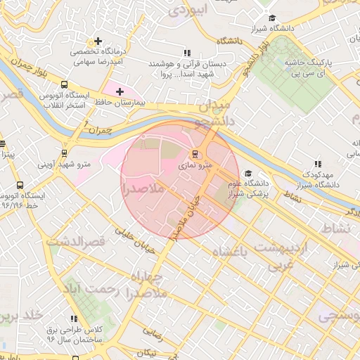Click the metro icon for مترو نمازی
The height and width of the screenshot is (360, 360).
coord(196,154)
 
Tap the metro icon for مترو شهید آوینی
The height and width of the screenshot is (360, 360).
coord(65,153)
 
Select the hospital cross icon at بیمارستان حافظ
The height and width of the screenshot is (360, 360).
coord(120,91)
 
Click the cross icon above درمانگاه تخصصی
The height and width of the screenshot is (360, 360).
coord(98,41)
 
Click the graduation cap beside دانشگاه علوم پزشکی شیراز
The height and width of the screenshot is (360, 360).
coord(247,173)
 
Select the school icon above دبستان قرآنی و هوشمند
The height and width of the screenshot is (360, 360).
coord(186,53)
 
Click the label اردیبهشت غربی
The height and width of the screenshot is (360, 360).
coord(281,256)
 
